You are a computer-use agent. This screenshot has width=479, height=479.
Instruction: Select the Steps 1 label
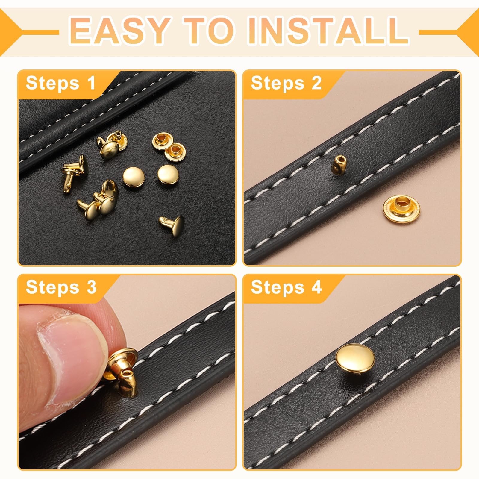tap(60, 83)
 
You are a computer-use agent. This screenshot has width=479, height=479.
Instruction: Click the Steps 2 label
tap(286, 83)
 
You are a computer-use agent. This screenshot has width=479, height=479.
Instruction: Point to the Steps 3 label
tap(61, 287)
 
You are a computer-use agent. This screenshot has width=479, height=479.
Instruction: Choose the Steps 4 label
tap(286, 287)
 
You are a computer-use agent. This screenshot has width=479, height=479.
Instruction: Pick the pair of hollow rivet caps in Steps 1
tap(169, 147)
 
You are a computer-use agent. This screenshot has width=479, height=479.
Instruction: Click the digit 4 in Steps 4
tap(316, 287)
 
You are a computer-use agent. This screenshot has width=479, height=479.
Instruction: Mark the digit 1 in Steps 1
tap(91, 83)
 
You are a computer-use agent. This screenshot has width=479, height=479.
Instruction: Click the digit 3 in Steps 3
tap(91, 287)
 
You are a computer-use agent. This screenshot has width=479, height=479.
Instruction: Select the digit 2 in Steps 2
tap(316, 83)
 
